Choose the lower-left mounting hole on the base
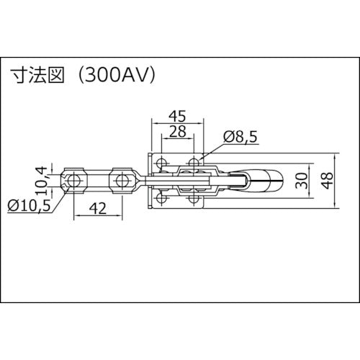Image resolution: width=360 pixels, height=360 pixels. point(163,197)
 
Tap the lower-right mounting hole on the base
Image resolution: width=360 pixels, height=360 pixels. point(194,197)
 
